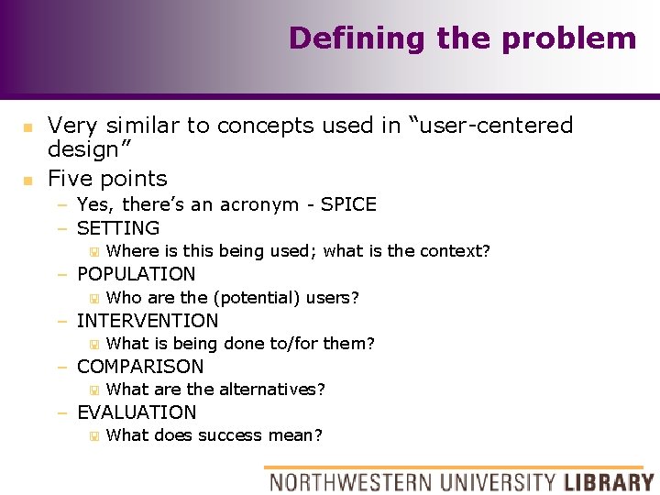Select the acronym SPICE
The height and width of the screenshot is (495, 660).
click(x=347, y=204)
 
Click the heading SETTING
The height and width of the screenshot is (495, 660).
click(x=118, y=228)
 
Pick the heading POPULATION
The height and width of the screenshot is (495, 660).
click(x=137, y=274)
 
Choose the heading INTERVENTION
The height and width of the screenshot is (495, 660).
click(x=148, y=321)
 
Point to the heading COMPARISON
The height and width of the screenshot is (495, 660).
click(x=140, y=367)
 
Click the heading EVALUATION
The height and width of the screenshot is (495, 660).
click(x=137, y=412)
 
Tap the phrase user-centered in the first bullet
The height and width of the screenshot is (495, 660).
click(x=496, y=126)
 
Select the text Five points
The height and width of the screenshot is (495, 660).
click(x=107, y=179)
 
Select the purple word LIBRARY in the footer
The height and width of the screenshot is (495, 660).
click(x=609, y=481)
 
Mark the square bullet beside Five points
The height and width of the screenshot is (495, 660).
click(x=28, y=180)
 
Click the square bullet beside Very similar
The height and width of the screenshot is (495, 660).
click(x=28, y=126)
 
